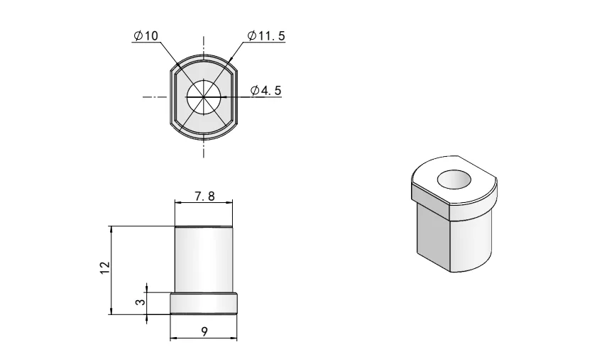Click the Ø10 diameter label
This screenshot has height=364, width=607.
click(x=146, y=35)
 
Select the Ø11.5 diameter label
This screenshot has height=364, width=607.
click(x=266, y=35)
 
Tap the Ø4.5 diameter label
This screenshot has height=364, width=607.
click(x=266, y=91)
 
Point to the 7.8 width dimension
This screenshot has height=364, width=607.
click(x=204, y=197)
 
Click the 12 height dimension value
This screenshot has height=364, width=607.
click(x=105, y=268)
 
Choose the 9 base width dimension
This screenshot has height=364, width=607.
click(x=204, y=331)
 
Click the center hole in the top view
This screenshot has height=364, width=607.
click(x=204, y=96)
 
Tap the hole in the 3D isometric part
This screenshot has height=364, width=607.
click(x=454, y=180)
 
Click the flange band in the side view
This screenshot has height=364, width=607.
click(x=204, y=304)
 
